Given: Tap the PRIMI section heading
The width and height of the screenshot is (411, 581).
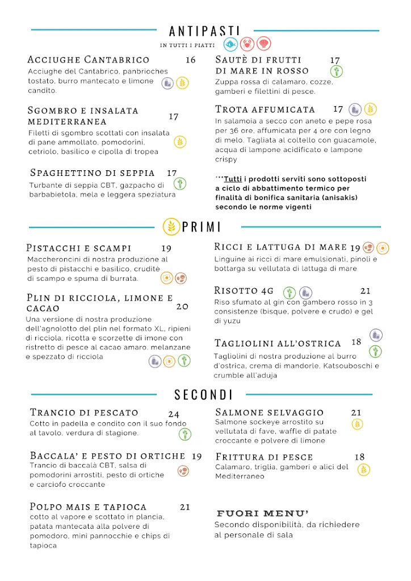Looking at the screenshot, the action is coord(201,227).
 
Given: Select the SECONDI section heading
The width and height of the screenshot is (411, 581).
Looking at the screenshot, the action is coord(204,394).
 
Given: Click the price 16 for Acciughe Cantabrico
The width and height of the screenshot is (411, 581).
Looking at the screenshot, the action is coord(191,60).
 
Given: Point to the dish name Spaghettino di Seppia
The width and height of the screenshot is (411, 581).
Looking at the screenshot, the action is coord(93,172).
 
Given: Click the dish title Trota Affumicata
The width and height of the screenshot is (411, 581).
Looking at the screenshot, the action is coord(265,109).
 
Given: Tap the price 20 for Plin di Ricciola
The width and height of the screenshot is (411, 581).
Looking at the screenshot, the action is coord(182,306).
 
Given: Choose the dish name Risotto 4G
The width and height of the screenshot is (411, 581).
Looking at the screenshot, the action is coord(244,290).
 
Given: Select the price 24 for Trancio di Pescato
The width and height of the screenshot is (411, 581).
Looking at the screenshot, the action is coord(174,414).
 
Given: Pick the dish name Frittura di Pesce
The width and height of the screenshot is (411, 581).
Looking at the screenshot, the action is coord(265,457).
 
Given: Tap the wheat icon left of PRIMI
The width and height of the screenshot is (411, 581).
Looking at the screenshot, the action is coord(170,226).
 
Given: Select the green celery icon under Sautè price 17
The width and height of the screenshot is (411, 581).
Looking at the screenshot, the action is coord(337,71).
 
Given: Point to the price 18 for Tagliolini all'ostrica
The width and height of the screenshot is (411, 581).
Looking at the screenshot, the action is coord(357,342).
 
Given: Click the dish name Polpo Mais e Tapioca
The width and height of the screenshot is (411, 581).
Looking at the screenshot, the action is coord(88,507).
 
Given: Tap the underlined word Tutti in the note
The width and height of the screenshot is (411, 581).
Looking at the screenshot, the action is coord(229,179).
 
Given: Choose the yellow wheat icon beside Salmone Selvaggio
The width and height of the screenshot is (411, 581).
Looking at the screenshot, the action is coord(357,424).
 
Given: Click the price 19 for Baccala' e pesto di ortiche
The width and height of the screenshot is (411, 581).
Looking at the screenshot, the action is coord(197,456).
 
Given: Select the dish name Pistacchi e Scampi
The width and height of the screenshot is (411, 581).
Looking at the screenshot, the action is coord(79,248).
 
